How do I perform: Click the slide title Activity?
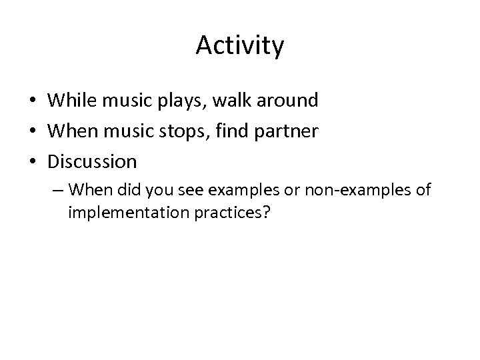pyautogui.click(x=240, y=46)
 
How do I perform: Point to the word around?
pyautogui.click(x=287, y=101)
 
